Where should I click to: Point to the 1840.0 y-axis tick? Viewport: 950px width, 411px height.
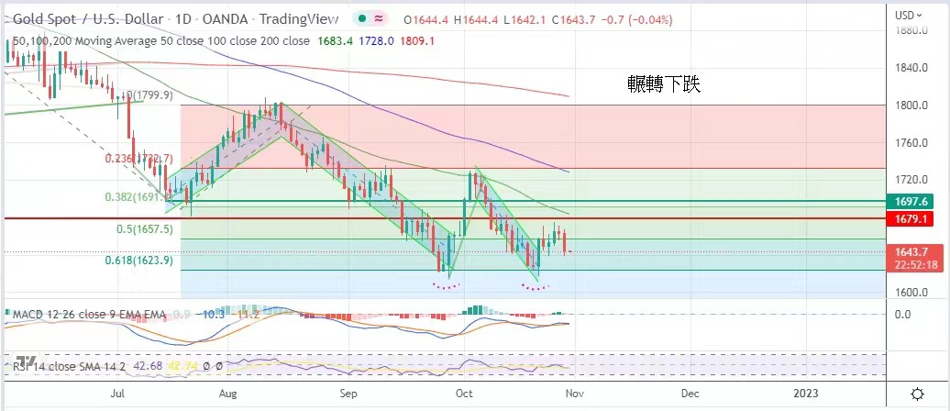pyautogui.click(x=909, y=68)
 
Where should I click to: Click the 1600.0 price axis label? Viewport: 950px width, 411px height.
pyautogui.click(x=909, y=293)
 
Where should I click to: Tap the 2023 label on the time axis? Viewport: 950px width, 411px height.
pyautogui.click(x=807, y=393)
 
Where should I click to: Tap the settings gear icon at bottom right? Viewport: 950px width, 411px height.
pyautogui.click(x=916, y=394)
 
